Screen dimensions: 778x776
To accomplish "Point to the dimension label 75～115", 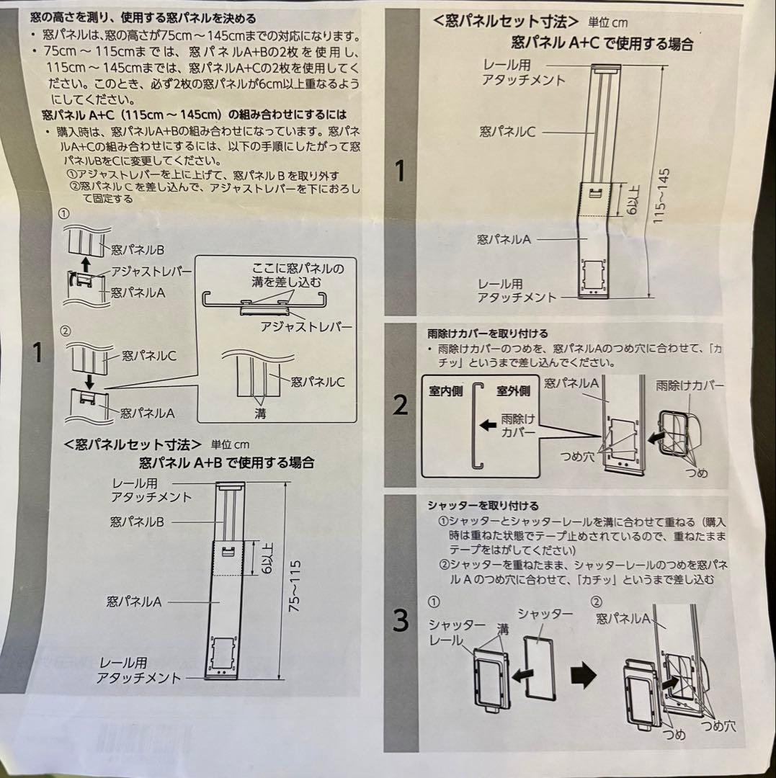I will coord(294,586).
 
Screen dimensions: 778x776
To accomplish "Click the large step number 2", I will coord(401,406).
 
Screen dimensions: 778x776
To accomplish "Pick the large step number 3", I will coord(401,620).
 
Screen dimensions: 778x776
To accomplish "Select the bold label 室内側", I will coord(445,391).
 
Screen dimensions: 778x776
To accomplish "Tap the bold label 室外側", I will coord(512,391).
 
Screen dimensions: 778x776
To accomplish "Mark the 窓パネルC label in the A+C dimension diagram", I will coord(508,132).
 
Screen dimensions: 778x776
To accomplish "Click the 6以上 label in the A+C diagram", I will coord(626,200).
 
